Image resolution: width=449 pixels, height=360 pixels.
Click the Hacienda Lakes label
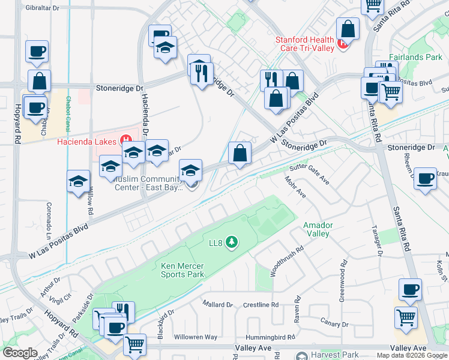click(87, 142)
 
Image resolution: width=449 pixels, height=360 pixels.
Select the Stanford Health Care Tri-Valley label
click(304, 44)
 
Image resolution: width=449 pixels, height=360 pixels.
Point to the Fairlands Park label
click(415, 58)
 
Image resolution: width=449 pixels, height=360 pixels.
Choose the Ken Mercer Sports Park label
click(182, 270)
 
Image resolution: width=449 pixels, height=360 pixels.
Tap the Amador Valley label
click(318, 229)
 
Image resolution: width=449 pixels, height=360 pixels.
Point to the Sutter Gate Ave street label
click(309, 173)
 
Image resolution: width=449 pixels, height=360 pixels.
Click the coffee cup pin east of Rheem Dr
click(426, 178)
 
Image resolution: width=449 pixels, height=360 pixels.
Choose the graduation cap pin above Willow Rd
click(78, 181)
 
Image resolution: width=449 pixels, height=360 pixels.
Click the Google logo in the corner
click(20, 353)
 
